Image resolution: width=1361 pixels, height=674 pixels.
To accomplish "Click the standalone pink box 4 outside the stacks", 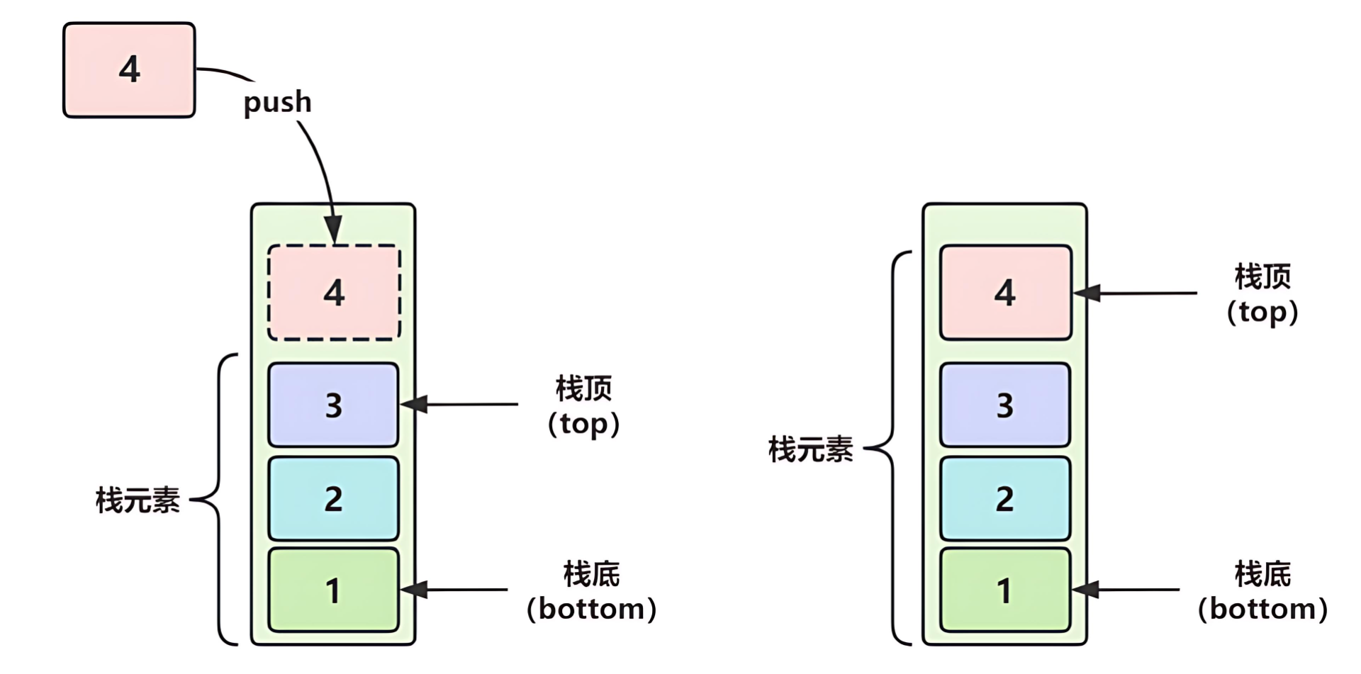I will tap(129, 70).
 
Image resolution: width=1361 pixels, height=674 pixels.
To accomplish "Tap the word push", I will tap(277, 102).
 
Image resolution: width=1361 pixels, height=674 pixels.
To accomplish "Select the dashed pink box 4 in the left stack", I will tap(334, 293).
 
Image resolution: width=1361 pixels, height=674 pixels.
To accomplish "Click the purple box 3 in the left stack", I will tap(333, 405).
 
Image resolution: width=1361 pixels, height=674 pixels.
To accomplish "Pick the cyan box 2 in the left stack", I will tap(333, 498).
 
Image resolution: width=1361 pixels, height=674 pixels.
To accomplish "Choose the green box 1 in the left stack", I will tap(333, 590).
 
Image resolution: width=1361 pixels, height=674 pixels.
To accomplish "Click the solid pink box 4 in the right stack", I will tap(1005, 293).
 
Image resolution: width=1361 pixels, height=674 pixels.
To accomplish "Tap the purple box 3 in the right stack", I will tap(1004, 405).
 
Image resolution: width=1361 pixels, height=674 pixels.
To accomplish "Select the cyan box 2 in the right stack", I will tap(1004, 498).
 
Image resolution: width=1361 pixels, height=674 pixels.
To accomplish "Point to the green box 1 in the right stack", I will tap(1004, 590).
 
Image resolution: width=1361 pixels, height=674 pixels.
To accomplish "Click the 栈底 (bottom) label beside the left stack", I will tap(591, 591).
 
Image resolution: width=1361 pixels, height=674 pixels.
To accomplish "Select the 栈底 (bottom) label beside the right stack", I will tap(1262, 591).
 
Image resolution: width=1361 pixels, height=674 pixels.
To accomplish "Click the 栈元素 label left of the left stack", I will tap(138, 500).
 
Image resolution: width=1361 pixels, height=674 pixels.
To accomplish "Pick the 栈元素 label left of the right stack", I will tap(810, 449).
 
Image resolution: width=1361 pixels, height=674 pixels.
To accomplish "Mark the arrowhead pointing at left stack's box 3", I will tap(413, 405).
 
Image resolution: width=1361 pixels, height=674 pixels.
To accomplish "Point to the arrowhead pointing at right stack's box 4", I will tap(1086, 293).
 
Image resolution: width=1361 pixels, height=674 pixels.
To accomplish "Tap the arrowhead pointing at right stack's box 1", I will tap(1085, 589).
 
